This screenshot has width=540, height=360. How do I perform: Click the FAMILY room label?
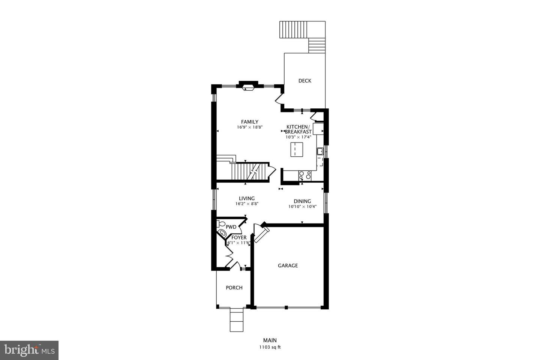(249, 121)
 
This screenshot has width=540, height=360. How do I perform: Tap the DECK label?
(304, 81)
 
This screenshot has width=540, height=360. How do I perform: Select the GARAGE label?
(288, 265)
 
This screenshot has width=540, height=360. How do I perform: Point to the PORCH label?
(234, 288)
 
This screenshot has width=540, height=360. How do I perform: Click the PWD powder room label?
(231, 227)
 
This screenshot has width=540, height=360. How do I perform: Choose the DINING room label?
(302, 201)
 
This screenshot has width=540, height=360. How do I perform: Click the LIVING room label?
(247, 198)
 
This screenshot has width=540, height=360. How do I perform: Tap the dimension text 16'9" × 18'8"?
(249, 127)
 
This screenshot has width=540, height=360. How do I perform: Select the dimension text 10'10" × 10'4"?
(302, 207)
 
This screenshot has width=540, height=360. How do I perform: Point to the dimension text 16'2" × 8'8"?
(247, 204)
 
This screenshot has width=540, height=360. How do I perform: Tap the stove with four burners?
(304, 175)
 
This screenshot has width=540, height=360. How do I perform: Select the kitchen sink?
(320, 151)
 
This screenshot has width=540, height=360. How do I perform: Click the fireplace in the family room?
(248, 87)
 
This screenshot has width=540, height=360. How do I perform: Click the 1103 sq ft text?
(270, 347)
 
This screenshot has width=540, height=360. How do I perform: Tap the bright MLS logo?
(29, 350)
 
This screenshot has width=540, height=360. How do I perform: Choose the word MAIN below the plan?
(270, 340)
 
